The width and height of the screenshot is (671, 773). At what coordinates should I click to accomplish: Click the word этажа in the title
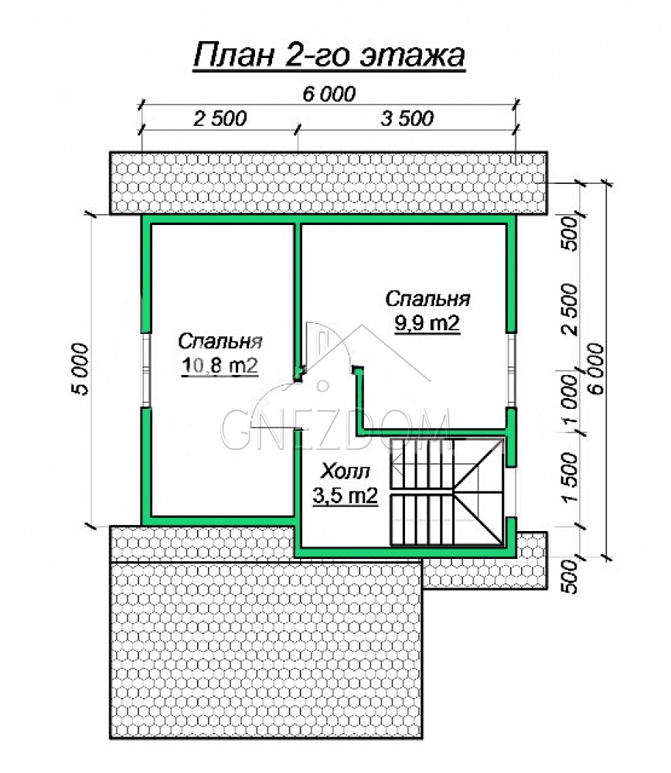point(412,55)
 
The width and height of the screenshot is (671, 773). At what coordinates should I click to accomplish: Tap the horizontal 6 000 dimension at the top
point(329,94)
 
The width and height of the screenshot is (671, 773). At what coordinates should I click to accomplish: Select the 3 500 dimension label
point(407,118)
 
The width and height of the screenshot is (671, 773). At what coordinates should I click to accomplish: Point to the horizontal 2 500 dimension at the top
point(220,118)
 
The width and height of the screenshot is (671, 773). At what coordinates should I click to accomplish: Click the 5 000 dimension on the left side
point(81,369)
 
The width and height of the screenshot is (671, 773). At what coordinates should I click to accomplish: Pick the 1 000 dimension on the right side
point(571,400)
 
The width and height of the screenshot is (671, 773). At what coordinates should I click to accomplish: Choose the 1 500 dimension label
point(571,478)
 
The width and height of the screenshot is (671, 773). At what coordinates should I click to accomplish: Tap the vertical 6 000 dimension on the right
point(595,369)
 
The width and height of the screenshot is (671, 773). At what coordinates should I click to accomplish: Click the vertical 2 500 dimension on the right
point(571,309)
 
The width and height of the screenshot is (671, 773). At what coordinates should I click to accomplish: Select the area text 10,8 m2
point(220,366)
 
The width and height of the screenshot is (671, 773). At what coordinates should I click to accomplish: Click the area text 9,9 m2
point(427,323)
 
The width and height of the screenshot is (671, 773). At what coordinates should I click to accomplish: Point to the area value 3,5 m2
point(345,495)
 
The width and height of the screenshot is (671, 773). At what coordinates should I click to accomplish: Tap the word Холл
point(345,472)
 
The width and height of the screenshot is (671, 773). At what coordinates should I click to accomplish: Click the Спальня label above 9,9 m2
point(427,298)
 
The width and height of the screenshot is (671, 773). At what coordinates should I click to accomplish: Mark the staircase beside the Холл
point(447,492)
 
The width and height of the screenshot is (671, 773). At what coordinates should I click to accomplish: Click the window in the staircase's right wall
point(511,492)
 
